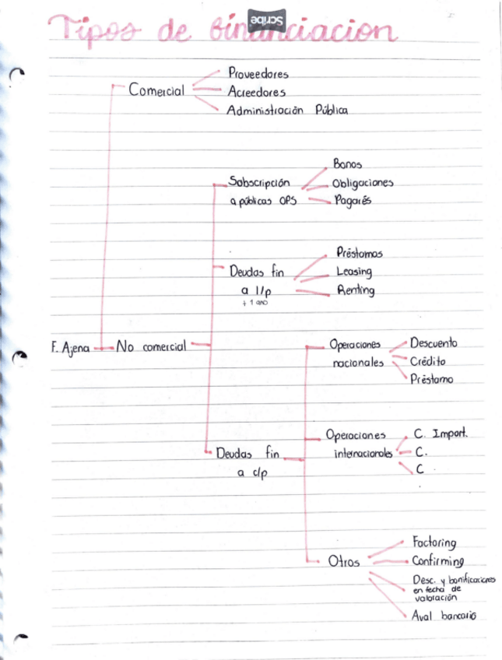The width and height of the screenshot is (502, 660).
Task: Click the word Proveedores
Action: coord(258,74)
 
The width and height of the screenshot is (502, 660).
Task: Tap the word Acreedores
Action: coord(257,92)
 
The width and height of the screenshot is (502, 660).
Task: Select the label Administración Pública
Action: coord(287,111)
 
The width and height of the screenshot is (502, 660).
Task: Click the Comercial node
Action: coord(156,90)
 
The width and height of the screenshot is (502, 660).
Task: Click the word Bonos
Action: coord(347,164)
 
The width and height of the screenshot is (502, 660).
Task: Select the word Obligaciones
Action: coord(363,183)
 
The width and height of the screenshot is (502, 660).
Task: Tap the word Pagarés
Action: coord(352,201)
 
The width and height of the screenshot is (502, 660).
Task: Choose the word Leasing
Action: coord(354,272)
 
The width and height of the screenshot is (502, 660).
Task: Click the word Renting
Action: coord(356,290)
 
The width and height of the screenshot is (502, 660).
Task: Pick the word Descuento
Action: coord(434,343)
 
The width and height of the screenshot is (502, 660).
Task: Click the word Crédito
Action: coord(428,361)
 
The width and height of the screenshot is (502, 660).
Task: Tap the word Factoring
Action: coord(434,542)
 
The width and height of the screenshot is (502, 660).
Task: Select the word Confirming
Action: coord(438,560)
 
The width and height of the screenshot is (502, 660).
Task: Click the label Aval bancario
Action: coord(444,616)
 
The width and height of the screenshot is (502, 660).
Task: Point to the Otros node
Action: coord(344,562)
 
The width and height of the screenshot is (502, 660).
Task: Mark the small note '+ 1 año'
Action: coord(255,303)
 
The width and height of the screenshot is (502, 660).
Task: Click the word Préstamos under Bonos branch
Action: coord(360,253)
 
